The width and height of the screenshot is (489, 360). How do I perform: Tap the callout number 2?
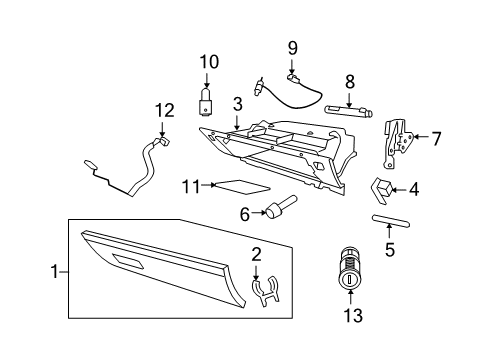click(256, 256)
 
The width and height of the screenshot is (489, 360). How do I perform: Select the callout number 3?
click(237, 103)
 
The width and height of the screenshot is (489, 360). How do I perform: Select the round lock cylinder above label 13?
click(348, 273)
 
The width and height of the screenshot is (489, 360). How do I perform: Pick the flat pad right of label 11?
click(237, 185)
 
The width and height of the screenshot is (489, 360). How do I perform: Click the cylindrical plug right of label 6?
click(278, 207)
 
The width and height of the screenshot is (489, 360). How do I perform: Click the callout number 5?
click(390, 249)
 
